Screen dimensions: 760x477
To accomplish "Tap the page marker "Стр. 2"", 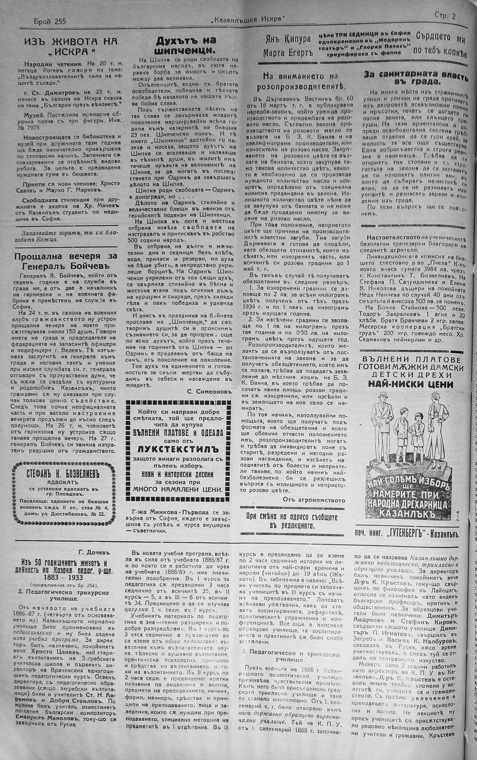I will tap(445, 16).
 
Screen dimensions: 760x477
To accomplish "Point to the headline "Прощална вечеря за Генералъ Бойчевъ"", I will tap(66, 260).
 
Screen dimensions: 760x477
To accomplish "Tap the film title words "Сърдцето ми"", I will tap(440, 38).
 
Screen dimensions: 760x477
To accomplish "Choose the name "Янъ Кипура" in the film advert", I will tap(287, 39).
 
